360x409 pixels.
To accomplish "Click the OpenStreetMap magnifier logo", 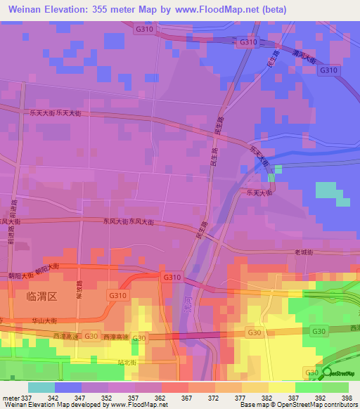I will (328, 373).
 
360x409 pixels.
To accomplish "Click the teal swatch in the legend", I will (41, 387).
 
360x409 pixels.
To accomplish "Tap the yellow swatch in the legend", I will (281, 387).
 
